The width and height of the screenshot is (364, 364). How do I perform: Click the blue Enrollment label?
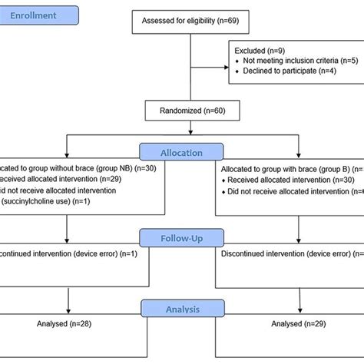coord(41,15)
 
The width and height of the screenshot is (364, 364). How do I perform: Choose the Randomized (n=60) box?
coord(181,111)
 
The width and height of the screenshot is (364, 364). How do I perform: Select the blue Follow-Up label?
coord(181,238)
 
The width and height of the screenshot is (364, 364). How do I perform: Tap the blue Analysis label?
coord(181,309)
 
